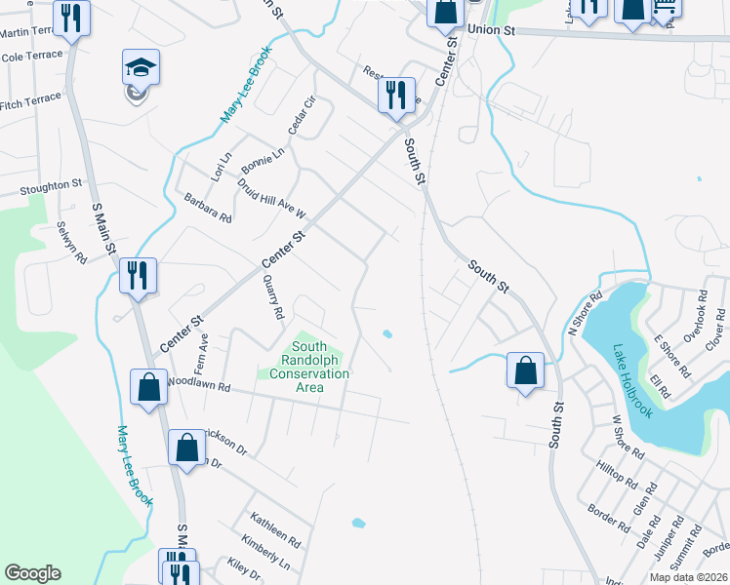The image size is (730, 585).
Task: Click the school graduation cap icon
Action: (141, 67)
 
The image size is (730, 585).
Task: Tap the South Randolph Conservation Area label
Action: (309, 367)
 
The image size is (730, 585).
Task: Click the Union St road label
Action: (491, 30)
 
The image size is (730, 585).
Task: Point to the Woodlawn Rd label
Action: (199, 385)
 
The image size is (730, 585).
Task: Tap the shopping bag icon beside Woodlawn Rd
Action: (148, 387)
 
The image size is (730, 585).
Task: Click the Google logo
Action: (32, 573)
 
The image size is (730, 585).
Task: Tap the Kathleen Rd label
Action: (275, 530)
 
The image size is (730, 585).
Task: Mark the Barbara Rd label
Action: (208, 208)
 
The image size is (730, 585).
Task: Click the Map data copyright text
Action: (689, 577)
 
